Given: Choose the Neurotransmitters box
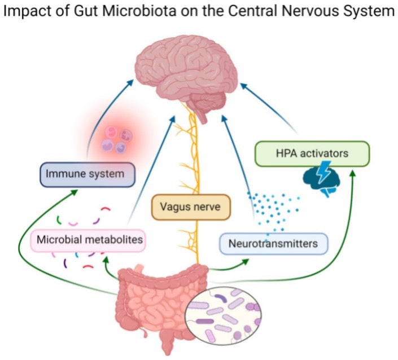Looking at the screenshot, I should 273,244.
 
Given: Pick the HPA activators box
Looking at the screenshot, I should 312,152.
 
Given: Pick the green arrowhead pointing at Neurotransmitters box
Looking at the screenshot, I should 247,261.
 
